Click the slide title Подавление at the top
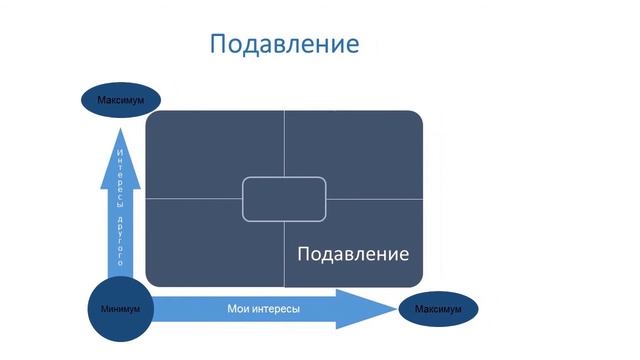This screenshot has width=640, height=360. [x=284, y=45]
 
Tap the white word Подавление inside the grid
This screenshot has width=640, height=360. [x=353, y=253]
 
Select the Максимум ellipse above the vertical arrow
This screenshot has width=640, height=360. [x=121, y=100]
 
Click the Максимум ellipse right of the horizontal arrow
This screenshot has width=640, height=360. [x=437, y=309]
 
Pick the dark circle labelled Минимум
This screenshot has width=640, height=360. [x=120, y=308]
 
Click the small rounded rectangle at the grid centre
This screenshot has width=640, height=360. [x=284, y=198]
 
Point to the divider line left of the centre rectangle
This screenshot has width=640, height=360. [x=194, y=198]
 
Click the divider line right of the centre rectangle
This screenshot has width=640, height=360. [x=374, y=198]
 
